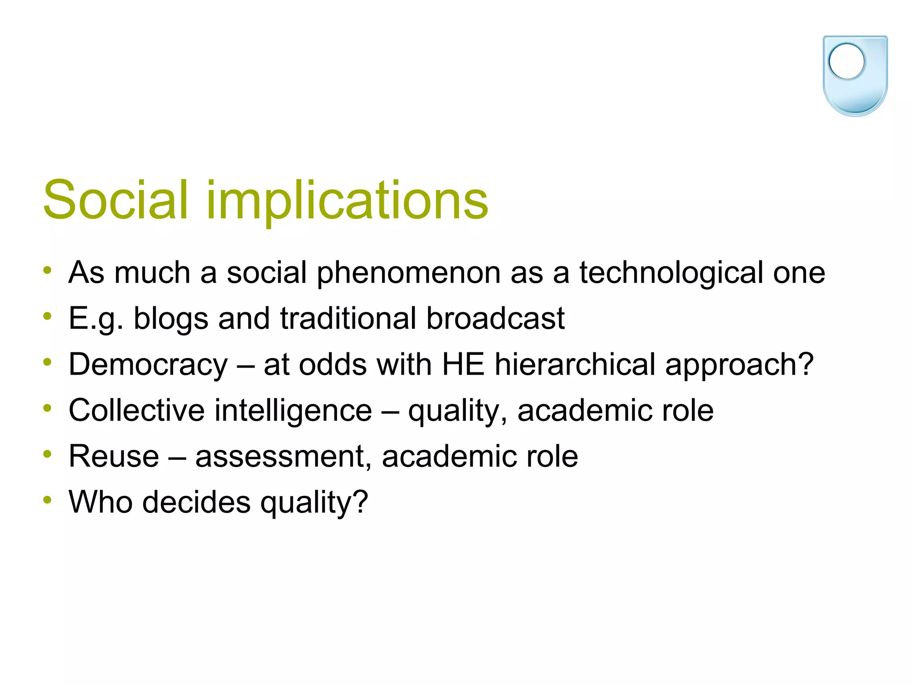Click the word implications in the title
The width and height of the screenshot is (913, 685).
point(347,200)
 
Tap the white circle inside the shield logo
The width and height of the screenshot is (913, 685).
point(846,62)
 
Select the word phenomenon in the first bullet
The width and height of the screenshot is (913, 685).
point(408,272)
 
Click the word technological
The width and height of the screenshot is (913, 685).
point(671,272)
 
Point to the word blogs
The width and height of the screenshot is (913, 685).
point(171,318)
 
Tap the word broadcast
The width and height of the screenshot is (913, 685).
point(495,318)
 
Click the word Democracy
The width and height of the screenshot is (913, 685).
point(148,364)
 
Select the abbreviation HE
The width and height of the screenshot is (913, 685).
point(463,364)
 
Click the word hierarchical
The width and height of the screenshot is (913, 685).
point(575,364)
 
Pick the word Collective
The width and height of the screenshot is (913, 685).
point(136,410)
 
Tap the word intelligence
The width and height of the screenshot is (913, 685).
point(293,410)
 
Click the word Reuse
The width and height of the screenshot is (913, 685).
point(114,456)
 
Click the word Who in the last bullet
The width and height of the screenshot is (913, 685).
point(101,502)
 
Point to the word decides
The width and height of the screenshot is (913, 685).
point(196,502)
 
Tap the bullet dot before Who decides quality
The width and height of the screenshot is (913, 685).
point(48,500)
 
